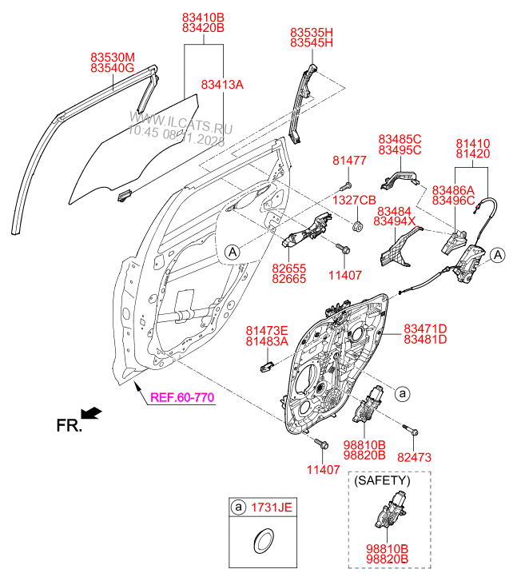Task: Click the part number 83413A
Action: [x=222, y=84]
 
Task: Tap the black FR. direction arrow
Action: [x=93, y=412]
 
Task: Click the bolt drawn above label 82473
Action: [x=411, y=431]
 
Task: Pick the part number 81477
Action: [x=349, y=161]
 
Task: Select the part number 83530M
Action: [x=113, y=57]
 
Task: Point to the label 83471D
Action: [x=424, y=328]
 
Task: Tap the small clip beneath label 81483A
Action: [x=268, y=366]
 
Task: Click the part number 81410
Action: [x=472, y=144]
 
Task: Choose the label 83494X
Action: [x=396, y=221]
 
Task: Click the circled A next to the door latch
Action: [x=497, y=255]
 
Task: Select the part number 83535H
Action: [x=311, y=32]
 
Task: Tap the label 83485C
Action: [x=400, y=139]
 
